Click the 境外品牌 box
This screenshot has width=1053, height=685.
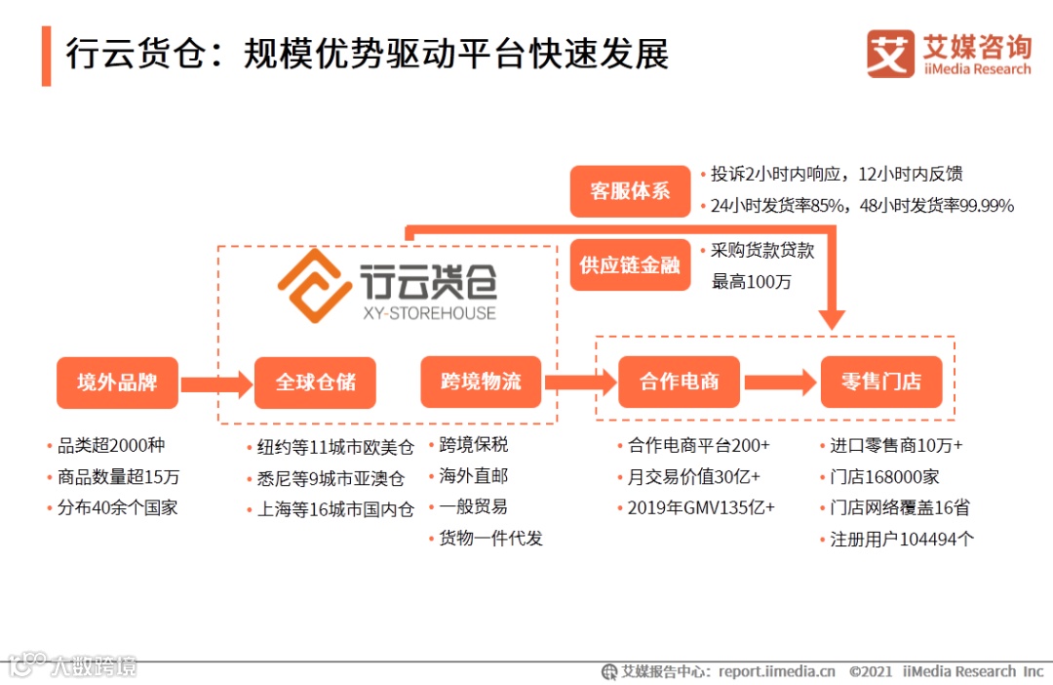click(x=117, y=382)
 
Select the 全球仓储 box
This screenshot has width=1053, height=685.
click(x=315, y=382)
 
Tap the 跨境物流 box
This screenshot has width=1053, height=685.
click(x=481, y=382)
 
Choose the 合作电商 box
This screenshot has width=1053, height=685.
click(x=680, y=382)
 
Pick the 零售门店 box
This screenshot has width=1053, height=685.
click(x=881, y=382)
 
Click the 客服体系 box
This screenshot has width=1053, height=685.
click(x=630, y=190)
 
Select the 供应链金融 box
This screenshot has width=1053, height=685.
click(x=630, y=264)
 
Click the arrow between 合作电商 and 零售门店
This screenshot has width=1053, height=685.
click(x=780, y=383)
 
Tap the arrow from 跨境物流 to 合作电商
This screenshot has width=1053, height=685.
click(x=580, y=383)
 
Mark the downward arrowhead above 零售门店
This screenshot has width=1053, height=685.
click(x=832, y=318)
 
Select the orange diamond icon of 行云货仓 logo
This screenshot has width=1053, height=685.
click(x=314, y=285)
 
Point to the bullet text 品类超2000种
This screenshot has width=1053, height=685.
click(x=111, y=446)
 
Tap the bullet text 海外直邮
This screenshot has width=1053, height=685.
click(x=473, y=476)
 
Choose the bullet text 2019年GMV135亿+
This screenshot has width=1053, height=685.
click(x=700, y=507)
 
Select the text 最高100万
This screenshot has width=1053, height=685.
click(x=751, y=282)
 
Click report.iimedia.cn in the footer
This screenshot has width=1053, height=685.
click(x=777, y=671)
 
